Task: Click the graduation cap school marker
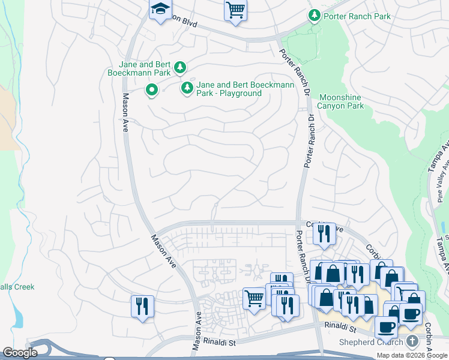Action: [160, 10]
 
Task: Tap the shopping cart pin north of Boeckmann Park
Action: [235, 10]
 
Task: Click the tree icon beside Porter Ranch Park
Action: [313, 15]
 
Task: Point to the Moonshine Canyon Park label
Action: [342, 101]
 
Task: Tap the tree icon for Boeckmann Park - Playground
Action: [187, 89]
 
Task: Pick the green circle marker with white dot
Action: [152, 91]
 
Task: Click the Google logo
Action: [19, 353]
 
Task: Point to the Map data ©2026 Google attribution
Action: [412, 355]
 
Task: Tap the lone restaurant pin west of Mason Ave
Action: [142, 306]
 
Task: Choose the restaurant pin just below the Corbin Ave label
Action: [325, 233]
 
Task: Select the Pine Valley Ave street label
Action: [439, 180]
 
